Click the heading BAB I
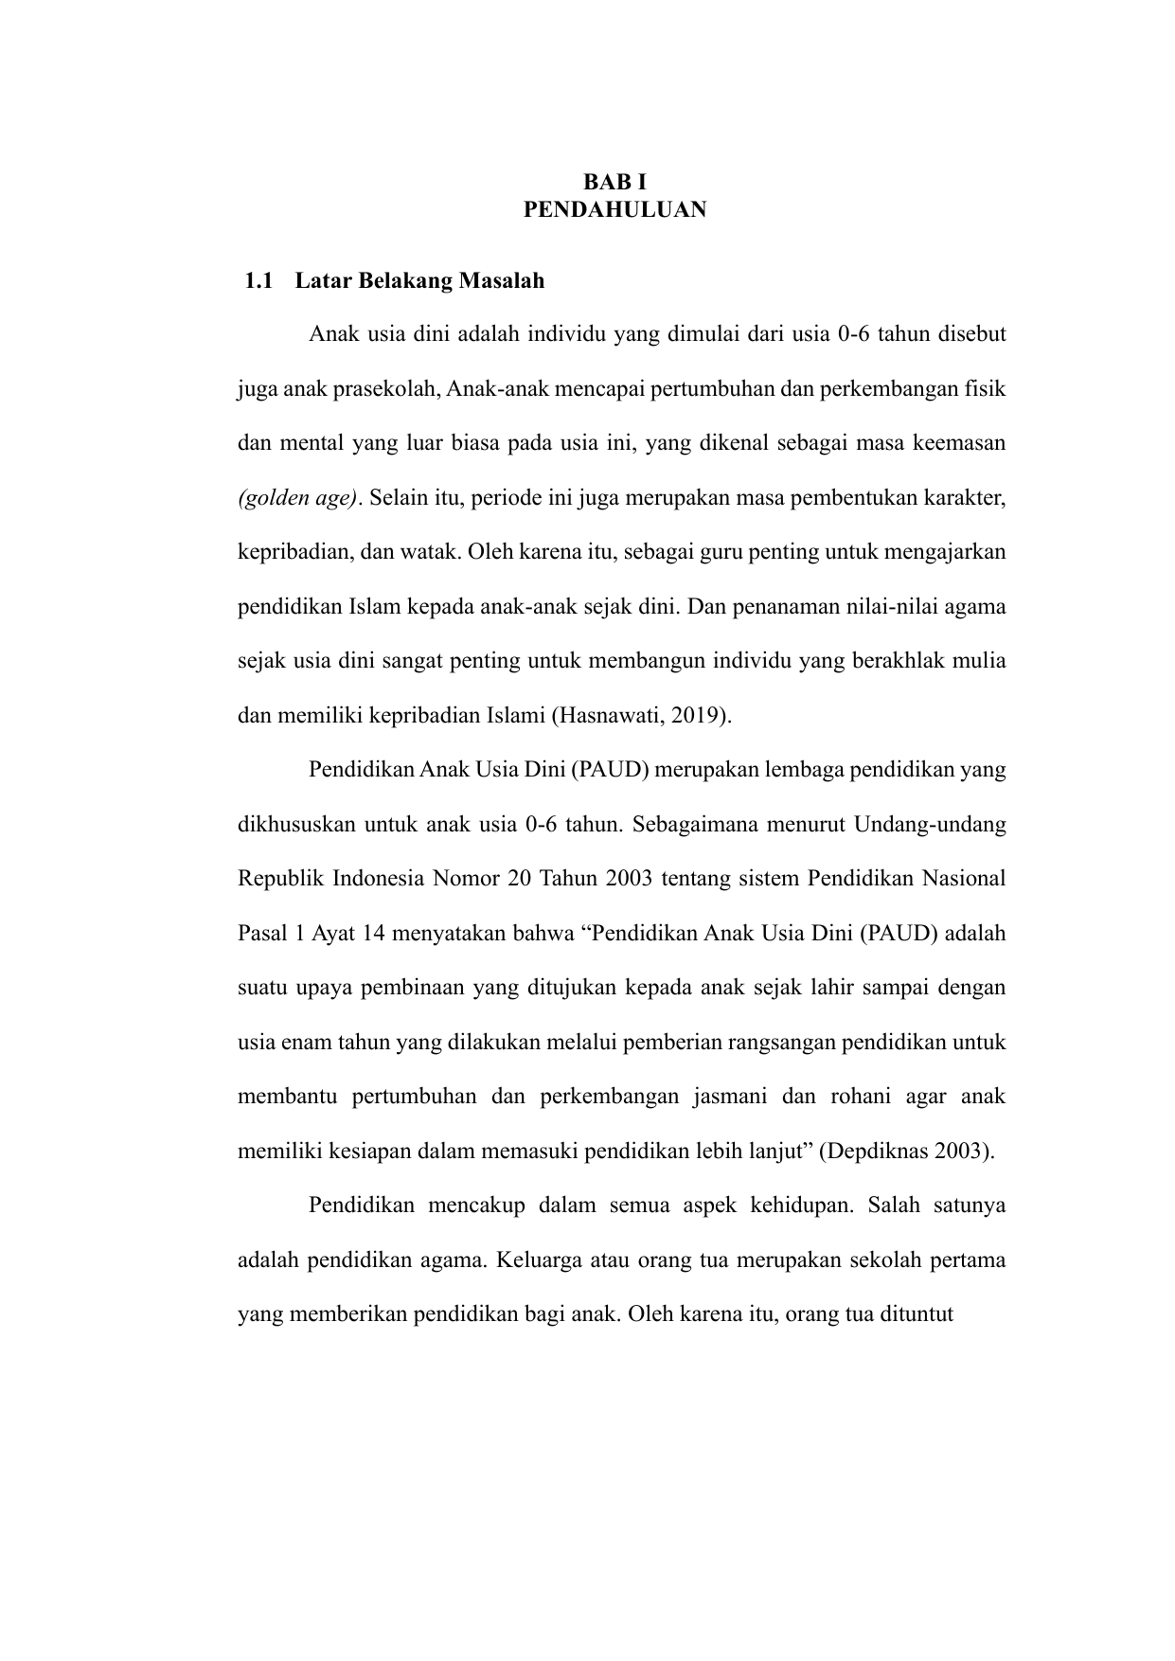614,182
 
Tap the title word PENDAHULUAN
614,209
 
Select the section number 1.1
258,280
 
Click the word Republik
279,878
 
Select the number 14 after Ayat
373,933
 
